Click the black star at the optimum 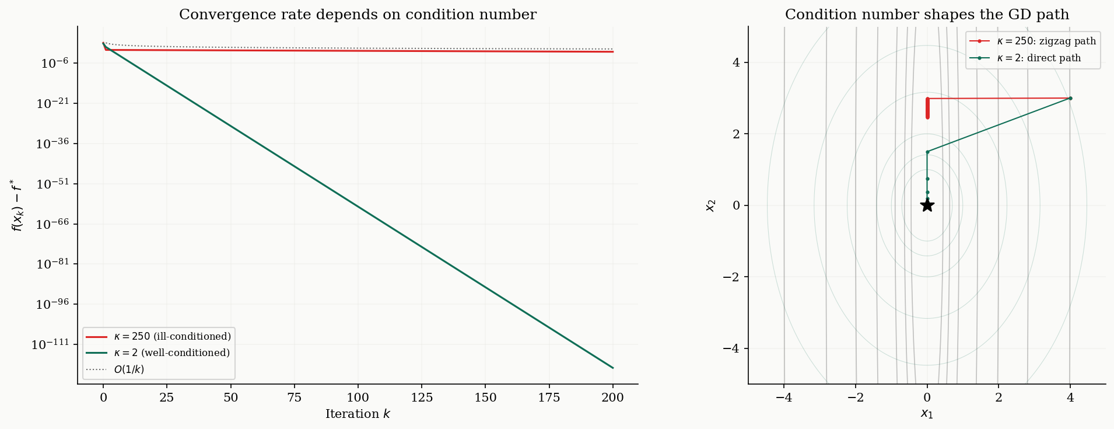(x=927, y=205)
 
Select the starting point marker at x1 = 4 (x=1070, y=98)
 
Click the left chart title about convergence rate (x=358, y=15)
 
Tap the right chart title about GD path (x=927, y=15)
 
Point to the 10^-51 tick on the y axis (x=53, y=184)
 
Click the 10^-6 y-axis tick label (x=55, y=64)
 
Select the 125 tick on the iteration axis (x=422, y=398)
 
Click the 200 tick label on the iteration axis (x=612, y=398)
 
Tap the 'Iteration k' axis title (x=358, y=414)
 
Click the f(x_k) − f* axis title (x=17, y=205)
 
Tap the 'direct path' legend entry (x=1034, y=58)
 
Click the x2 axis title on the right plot (x=710, y=205)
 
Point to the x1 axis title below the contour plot (x=927, y=414)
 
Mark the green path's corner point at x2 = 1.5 (x=927, y=152)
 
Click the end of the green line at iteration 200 (x=612, y=368)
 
